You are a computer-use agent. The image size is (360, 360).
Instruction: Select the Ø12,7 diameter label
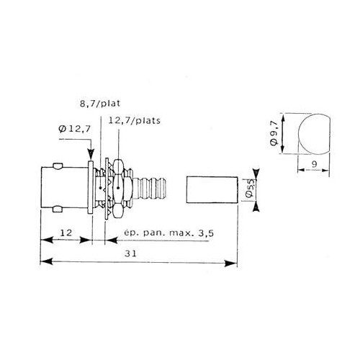(x=71, y=130)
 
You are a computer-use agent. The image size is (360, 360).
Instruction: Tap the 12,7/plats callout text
(x=134, y=122)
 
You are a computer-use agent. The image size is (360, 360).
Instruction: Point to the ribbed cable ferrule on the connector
(x=153, y=189)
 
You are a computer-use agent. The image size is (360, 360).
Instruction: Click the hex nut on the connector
(x=122, y=189)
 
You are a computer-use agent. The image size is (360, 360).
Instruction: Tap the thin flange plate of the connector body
(x=92, y=189)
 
